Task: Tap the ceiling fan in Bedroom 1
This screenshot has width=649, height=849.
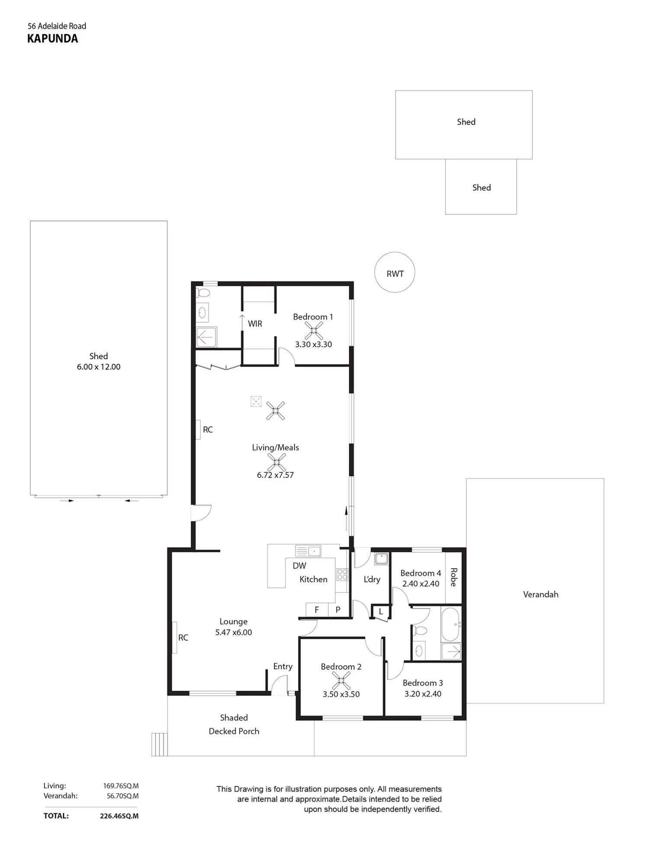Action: (x=314, y=331)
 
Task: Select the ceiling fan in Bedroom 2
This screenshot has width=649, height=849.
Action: (x=341, y=681)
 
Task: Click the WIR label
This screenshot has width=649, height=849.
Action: (x=255, y=324)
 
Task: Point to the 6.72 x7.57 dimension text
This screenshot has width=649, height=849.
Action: (x=275, y=475)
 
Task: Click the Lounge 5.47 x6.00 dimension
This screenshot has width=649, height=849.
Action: (x=234, y=632)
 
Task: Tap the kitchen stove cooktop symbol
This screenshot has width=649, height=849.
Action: (x=342, y=575)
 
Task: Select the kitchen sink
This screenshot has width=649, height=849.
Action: (x=308, y=551)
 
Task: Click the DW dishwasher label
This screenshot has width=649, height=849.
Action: (x=299, y=566)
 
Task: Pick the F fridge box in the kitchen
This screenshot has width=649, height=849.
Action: (x=317, y=609)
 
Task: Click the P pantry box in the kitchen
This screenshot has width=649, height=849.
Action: (x=338, y=609)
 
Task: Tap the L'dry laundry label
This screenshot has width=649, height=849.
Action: (x=372, y=579)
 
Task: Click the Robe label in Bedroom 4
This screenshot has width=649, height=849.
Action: (x=453, y=577)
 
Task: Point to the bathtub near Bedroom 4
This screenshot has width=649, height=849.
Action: (x=451, y=625)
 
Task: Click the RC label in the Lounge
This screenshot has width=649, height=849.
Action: (x=183, y=637)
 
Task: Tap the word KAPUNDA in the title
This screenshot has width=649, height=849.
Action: (x=53, y=39)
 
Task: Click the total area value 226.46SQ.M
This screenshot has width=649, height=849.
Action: (x=119, y=816)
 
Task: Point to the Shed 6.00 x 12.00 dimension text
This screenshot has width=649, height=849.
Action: (x=99, y=367)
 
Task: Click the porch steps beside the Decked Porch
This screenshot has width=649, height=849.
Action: (x=159, y=744)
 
